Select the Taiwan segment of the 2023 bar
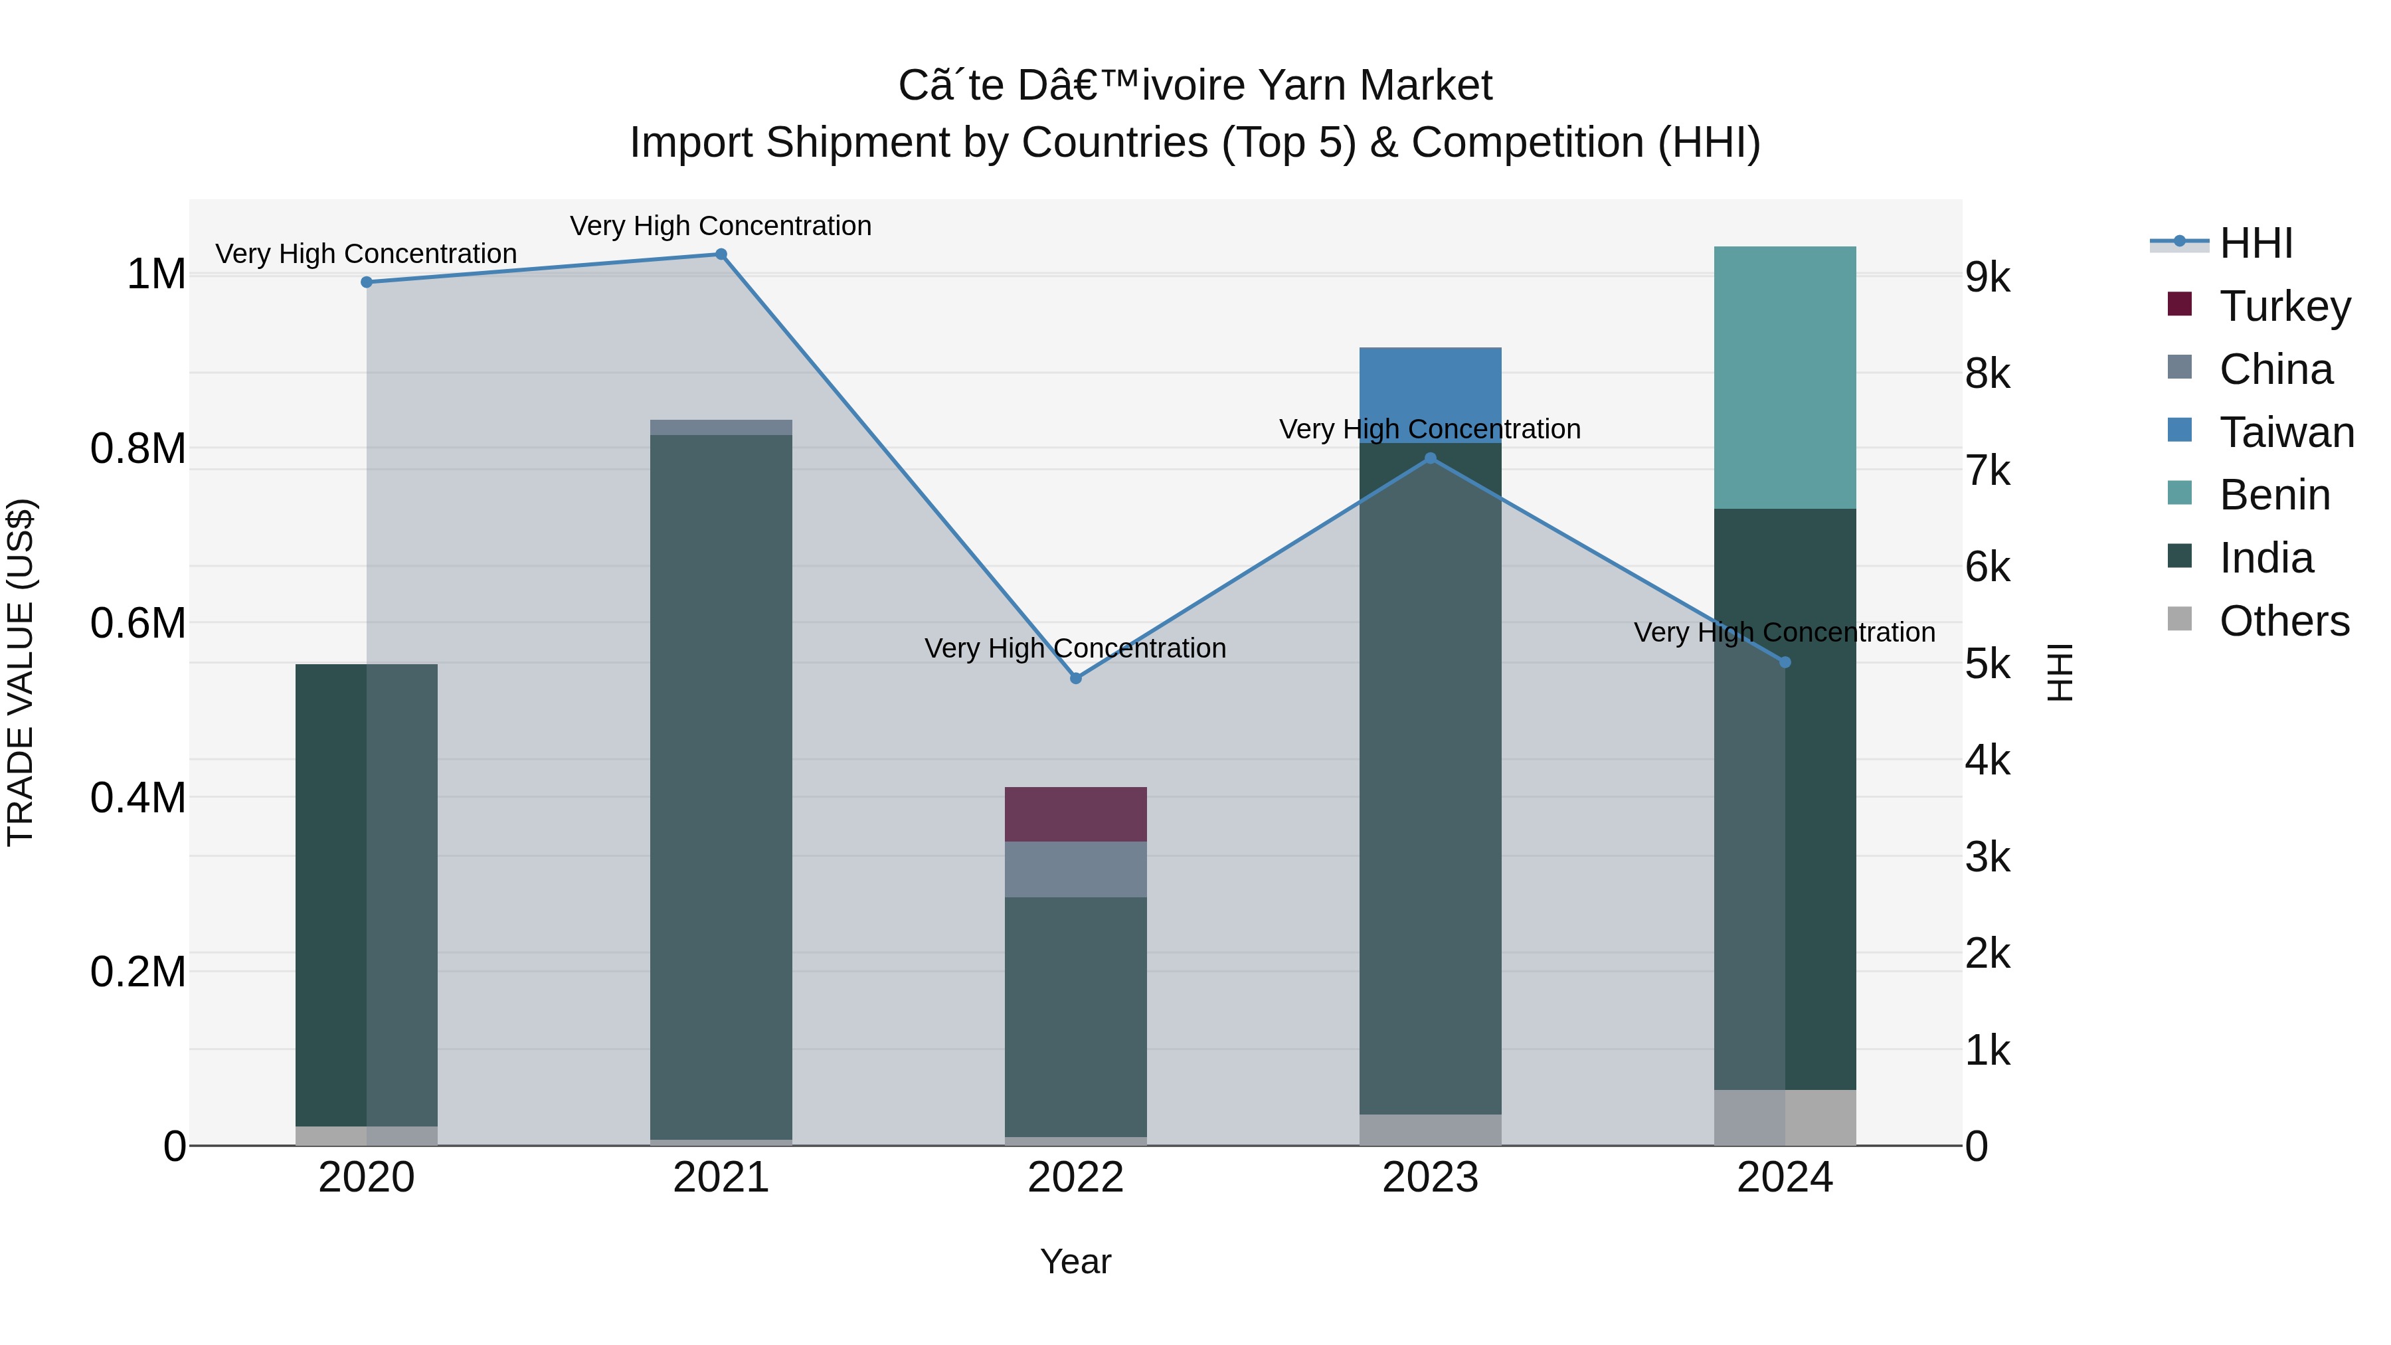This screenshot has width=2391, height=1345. point(1429,395)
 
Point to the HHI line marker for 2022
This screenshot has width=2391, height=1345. point(1076,679)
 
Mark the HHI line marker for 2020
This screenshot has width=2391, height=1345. point(367,282)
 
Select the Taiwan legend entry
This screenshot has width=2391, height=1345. point(2285,432)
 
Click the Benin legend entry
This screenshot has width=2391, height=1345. point(2274,495)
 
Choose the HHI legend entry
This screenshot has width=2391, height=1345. point(2256,243)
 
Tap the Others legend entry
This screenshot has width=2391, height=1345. point(2283,621)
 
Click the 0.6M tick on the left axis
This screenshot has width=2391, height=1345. point(138,623)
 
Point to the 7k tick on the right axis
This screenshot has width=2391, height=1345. point(1987,472)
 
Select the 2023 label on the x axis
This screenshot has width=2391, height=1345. point(1429,1178)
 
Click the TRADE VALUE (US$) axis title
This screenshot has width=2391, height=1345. point(21,672)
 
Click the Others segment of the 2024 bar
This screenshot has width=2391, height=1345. point(1784,1118)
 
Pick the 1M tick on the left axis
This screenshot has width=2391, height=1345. point(156,275)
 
